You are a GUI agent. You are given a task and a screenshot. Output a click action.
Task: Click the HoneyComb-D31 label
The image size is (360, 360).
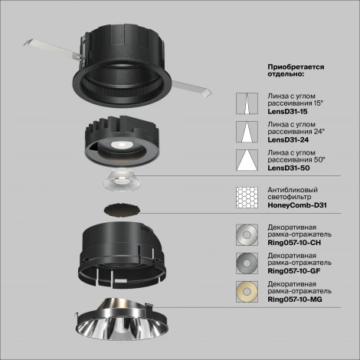coord(296,205)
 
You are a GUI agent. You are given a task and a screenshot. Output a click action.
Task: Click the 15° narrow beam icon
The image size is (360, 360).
coord(247,103)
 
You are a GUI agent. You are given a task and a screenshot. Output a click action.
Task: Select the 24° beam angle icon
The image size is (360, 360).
coord(247,133)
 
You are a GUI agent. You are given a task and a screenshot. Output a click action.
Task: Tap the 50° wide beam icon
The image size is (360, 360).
coord(247,162)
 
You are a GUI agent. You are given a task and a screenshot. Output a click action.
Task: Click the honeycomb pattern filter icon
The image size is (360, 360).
coord(247,198)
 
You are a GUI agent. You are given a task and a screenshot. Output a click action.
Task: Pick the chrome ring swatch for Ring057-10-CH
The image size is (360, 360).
coord(247,235)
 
